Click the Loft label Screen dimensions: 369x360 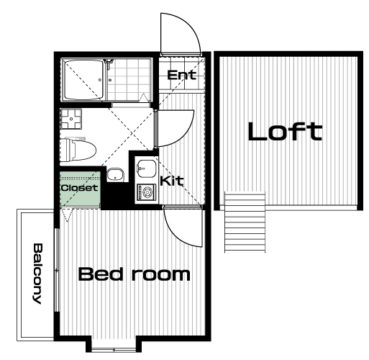pos(285,131)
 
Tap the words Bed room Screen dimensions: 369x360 pos(135,274)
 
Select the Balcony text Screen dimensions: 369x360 pos(37,274)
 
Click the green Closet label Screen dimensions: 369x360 pos(80,187)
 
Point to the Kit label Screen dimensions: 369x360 pos(172,181)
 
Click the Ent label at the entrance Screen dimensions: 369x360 pos(181,75)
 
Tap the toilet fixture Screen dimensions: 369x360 pos(78,150)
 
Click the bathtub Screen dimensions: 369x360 pos(83,80)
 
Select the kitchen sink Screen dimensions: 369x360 pos(147,168)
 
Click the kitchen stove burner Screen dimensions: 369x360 pos(146,192)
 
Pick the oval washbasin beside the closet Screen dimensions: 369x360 pos(115,174)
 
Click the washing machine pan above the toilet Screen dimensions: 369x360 pos(71,119)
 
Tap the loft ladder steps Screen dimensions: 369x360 pos(245,222)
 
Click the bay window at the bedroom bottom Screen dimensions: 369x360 pos(114,349)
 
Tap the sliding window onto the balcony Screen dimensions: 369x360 pos(57,270)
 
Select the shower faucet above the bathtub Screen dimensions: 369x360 pos(109,63)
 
